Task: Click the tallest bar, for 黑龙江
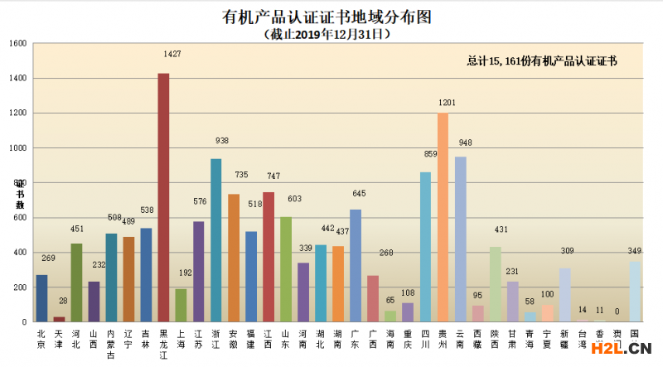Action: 163,197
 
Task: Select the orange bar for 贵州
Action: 443,217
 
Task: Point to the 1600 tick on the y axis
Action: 18,43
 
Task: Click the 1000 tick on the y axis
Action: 18,148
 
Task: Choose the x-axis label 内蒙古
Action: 111,342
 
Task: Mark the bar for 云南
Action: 460,239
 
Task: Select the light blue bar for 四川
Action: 425,247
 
